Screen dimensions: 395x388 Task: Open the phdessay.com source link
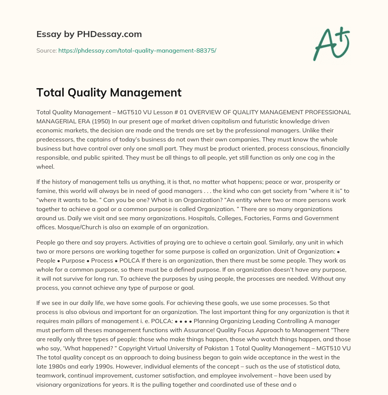137,50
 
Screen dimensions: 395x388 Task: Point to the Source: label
46,50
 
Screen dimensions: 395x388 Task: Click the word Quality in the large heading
85,92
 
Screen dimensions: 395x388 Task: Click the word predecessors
56,140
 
